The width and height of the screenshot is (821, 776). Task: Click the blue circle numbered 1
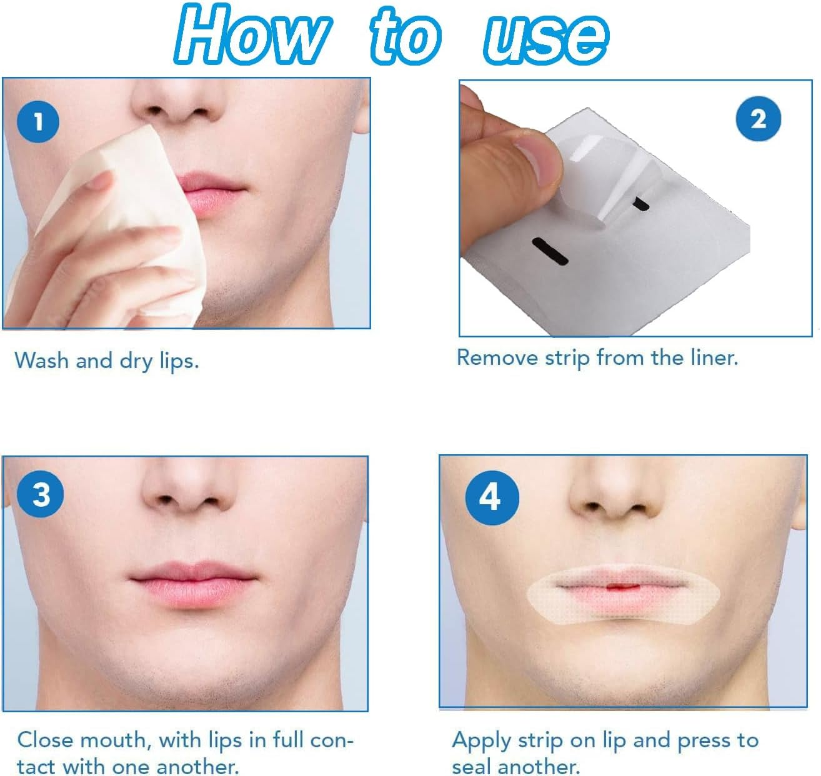(x=38, y=121)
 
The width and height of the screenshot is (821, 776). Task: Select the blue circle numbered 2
(x=758, y=119)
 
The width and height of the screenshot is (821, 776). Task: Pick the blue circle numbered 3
(x=41, y=495)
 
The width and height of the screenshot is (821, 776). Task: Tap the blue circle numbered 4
(x=492, y=497)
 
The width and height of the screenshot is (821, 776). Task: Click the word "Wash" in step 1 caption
(x=42, y=361)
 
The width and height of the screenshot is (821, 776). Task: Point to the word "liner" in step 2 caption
(x=713, y=357)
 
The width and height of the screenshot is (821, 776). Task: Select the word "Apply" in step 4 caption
(x=480, y=740)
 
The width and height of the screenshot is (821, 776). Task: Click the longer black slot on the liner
(x=549, y=249)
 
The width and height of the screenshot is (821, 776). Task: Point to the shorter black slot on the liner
(x=641, y=203)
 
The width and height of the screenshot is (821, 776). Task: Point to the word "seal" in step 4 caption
(x=474, y=767)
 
